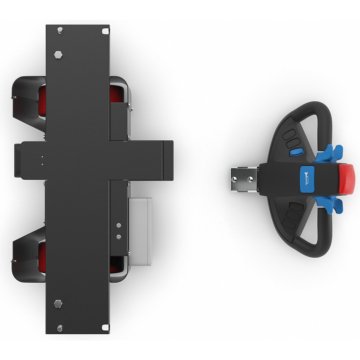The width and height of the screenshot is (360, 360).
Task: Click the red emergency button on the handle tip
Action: coord(347,179)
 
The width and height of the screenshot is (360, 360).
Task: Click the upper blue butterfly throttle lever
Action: coord(330,151)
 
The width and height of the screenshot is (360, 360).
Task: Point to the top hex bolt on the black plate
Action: coord(58,55)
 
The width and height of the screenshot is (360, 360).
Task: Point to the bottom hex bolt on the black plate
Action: coord(58,304)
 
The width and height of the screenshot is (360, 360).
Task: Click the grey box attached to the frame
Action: coord(140,231)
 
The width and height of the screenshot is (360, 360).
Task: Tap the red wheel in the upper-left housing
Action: coord(42,100)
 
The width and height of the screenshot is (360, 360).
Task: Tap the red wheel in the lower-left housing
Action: coord(42,257)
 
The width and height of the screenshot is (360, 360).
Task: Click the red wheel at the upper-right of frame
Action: coord(115,93)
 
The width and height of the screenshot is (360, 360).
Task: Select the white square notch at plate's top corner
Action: coord(105,31)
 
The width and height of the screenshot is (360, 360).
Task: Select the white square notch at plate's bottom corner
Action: coord(105,327)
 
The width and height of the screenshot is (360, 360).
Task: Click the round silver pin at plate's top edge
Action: coord(60,30)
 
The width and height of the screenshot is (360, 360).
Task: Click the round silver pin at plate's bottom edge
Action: coord(60,328)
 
